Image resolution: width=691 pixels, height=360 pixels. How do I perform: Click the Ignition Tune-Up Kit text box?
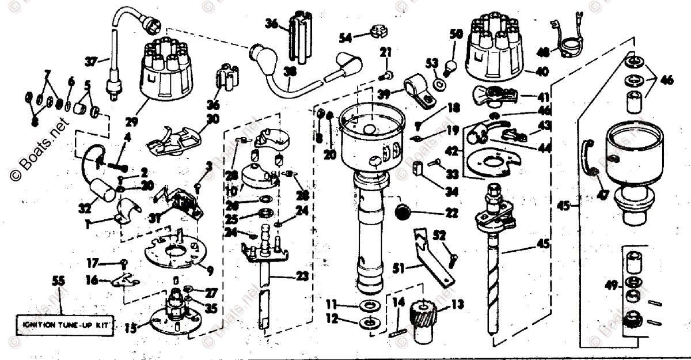coord(64,325)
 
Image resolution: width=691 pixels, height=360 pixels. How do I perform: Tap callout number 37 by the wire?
coord(90,59)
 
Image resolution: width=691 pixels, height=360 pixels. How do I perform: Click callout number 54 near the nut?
coord(345,37)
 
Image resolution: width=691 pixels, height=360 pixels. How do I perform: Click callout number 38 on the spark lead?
coord(290,71)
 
